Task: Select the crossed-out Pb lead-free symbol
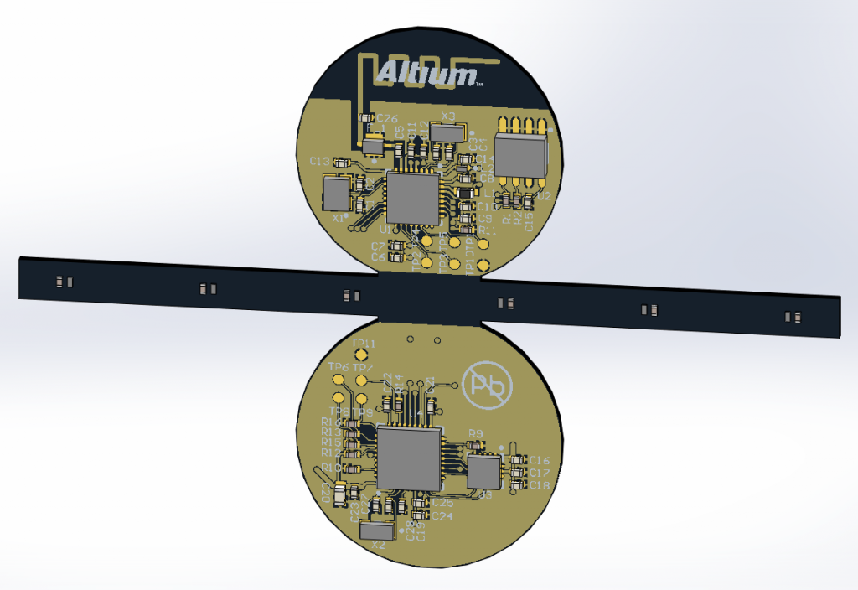click(x=485, y=386)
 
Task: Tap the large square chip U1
click(x=412, y=199)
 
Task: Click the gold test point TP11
click(x=361, y=356)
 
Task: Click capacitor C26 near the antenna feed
click(x=366, y=119)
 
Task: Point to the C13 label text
click(x=319, y=161)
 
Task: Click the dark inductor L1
click(x=467, y=194)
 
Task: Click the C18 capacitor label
click(x=540, y=486)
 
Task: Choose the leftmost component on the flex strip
click(x=63, y=282)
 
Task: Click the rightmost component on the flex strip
click(x=792, y=317)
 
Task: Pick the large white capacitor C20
click(x=339, y=495)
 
